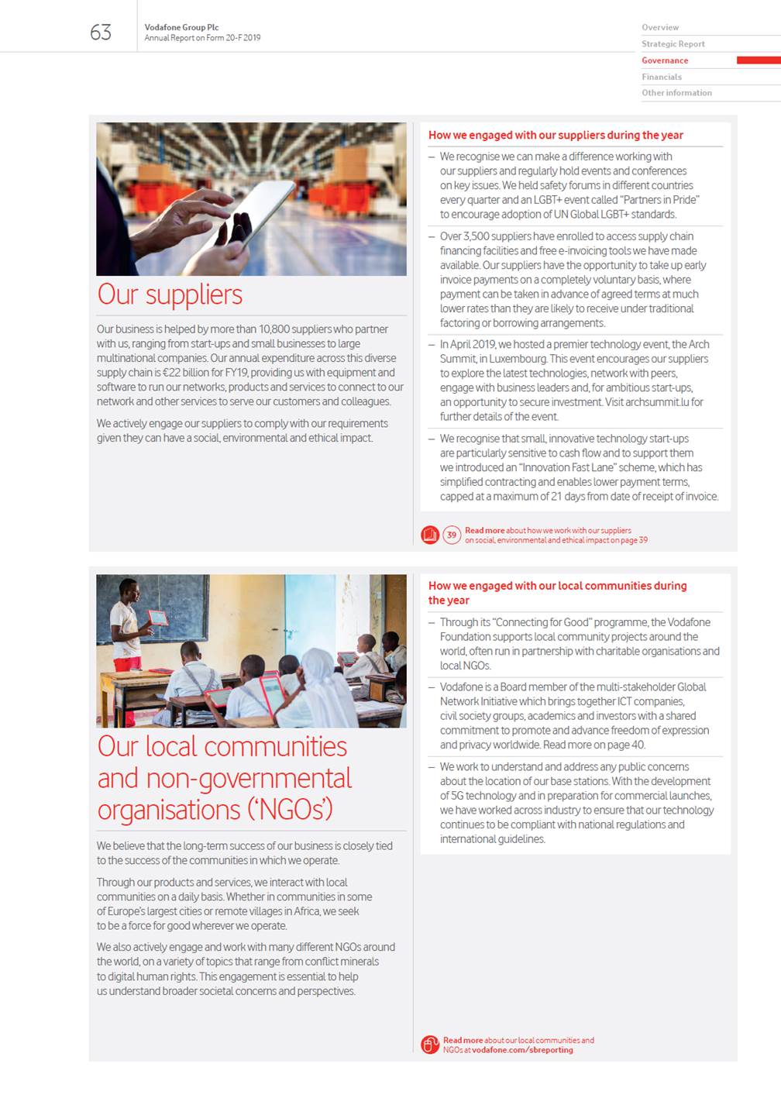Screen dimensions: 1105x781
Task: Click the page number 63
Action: (x=101, y=33)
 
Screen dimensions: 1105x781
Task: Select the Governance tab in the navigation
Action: (x=665, y=60)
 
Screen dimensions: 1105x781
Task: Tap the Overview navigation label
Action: (x=660, y=28)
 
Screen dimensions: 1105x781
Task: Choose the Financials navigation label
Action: (x=662, y=77)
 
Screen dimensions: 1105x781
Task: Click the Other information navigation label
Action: (x=676, y=93)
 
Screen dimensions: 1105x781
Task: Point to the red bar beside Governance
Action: (x=758, y=60)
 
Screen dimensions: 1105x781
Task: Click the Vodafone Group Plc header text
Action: (x=181, y=27)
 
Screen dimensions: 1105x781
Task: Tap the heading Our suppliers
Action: (x=170, y=294)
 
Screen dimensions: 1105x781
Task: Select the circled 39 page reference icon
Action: (x=452, y=535)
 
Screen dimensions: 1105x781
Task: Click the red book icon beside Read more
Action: (x=430, y=535)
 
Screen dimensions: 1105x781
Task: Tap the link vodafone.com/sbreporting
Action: (x=522, y=1050)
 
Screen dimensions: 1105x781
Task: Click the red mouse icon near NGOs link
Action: (x=430, y=1045)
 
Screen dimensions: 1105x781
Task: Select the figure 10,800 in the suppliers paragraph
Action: (x=274, y=329)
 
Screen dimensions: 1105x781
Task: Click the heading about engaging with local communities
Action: (x=557, y=593)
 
